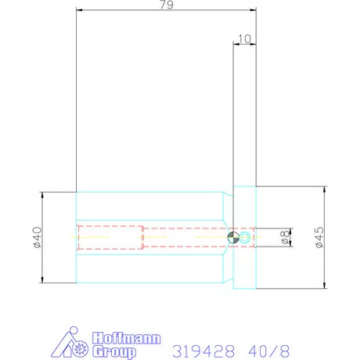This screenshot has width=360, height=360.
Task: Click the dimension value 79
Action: [x=167, y=5]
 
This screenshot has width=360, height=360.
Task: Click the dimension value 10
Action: [x=244, y=39]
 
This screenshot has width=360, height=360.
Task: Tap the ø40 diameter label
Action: [x=37, y=237]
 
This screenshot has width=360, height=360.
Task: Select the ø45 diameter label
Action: [x=319, y=237]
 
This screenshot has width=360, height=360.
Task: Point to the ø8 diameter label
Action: [x=286, y=237]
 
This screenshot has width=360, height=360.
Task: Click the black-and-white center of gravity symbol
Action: [x=233, y=237]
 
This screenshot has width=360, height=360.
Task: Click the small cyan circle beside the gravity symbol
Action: [x=245, y=237]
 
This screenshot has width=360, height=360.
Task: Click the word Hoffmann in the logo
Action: [x=127, y=338]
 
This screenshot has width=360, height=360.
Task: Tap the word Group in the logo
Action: [x=114, y=352]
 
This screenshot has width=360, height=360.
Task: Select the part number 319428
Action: [x=203, y=351]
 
